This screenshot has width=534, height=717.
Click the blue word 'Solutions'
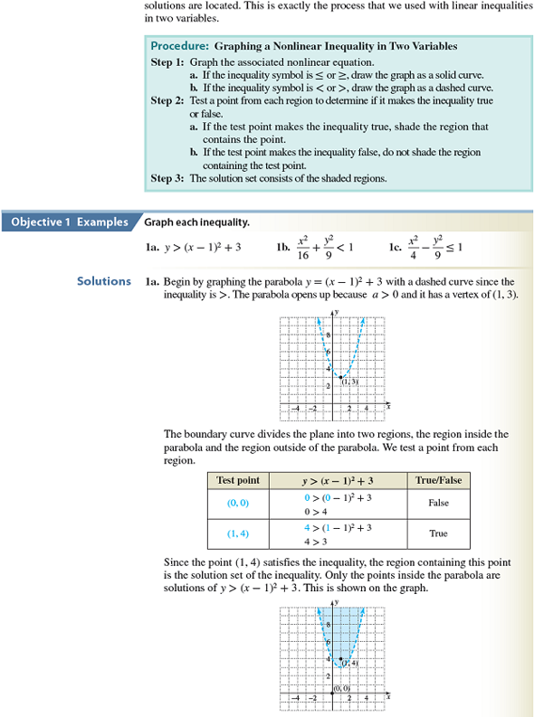[x=104, y=281]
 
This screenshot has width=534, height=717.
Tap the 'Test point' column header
[x=238, y=481]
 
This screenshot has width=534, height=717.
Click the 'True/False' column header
[x=437, y=481]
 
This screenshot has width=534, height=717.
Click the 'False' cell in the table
[x=437, y=504]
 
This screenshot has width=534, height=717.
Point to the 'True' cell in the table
[x=437, y=533]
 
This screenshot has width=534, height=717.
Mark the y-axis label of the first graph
[x=335, y=312]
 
